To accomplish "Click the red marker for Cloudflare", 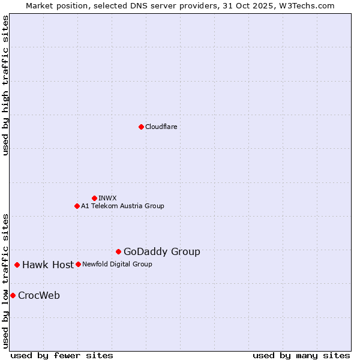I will coord(141,127).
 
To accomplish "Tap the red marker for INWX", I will coord(94,198).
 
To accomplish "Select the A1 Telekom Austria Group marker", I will coord(77,206).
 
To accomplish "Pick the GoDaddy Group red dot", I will coord(118,251).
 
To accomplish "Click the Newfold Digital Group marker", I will coord(78,264).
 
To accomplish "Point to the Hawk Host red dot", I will coord(17,265).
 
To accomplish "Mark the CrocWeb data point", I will coord(13,295).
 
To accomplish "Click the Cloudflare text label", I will coord(161,127).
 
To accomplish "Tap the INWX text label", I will coord(107,198).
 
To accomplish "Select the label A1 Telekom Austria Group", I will coord(122,206).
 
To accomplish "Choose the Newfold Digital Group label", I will coord(117,264).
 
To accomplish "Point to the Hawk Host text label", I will coord(48,265).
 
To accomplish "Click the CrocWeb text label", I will coord(39,296).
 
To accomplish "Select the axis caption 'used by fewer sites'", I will coord(62,355).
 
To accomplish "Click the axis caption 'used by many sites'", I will coord(301,355).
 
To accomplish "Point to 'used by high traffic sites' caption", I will coord(5,85).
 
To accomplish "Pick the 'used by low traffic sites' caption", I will coord(5,281).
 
